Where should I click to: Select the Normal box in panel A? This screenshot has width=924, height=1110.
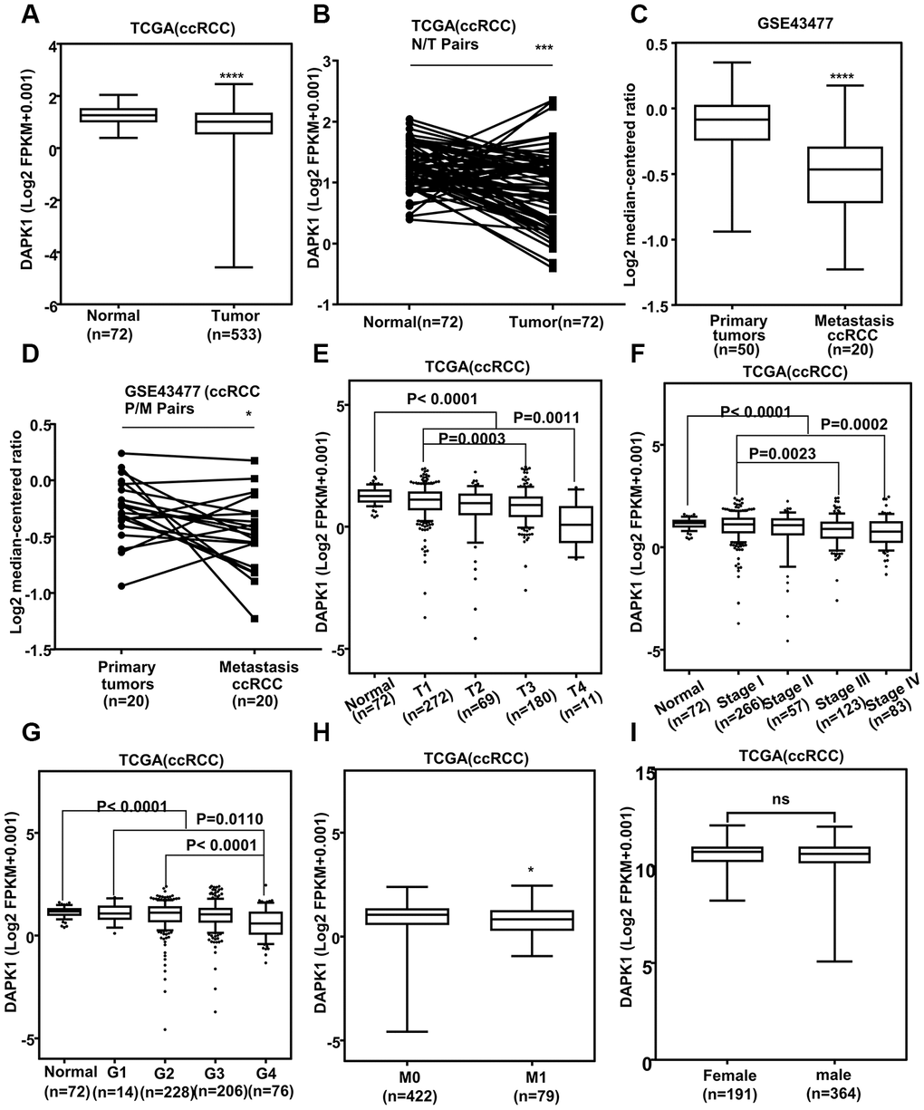click(x=131, y=115)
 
